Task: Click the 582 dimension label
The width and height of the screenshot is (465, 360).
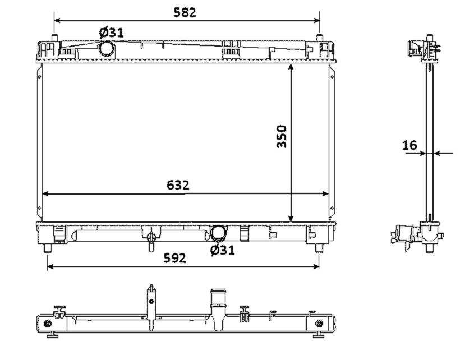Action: pos(185,12)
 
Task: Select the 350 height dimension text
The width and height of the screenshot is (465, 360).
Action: pos(282,136)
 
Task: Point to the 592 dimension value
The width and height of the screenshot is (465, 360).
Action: pos(175,258)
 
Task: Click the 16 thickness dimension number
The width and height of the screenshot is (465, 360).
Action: pos(409,145)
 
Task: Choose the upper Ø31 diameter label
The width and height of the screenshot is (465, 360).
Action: pos(111,33)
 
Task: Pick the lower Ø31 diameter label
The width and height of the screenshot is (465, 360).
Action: pos(223,250)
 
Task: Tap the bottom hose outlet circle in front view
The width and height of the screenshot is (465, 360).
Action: pos(218,232)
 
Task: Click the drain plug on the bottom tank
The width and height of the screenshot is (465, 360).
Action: pos(151,239)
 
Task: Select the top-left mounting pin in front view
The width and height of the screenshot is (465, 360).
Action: pos(54,38)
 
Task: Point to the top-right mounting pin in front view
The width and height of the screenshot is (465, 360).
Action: pos(319,38)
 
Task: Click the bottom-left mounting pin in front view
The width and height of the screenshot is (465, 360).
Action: pos(48,248)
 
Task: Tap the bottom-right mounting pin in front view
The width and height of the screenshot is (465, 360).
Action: pos(319,248)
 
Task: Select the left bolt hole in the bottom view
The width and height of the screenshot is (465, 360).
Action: pos(48,324)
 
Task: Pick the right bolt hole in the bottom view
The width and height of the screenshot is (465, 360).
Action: pos(319,323)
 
